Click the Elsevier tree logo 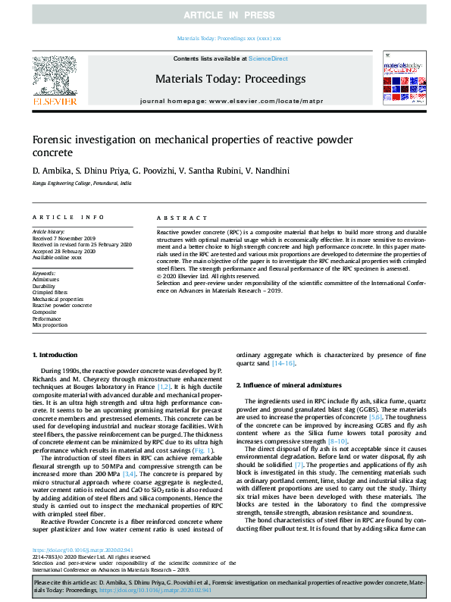pos(54,78)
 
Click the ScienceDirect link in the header pos(270,58)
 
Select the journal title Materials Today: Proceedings pos(230,79)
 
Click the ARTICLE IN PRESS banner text pos(225,14)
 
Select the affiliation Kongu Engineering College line pos(82,183)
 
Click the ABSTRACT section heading pos(177,217)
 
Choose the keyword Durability pos(46,285)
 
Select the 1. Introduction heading pos(55,355)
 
